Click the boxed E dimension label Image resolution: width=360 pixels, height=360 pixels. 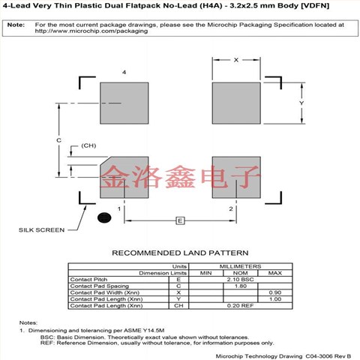[x=180, y=220]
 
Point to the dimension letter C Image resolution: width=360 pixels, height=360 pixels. [x=58, y=140]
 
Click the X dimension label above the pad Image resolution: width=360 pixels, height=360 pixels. [x=235, y=59]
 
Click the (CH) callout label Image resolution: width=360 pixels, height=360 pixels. [x=88, y=145]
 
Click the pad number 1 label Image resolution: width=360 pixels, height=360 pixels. [x=109, y=208]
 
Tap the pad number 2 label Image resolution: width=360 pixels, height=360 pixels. [x=230, y=208]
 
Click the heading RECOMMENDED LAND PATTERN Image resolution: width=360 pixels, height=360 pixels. [x=180, y=253]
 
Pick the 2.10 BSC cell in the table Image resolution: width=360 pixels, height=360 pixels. [x=240, y=279]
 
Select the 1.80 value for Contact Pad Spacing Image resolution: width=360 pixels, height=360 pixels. [x=240, y=286]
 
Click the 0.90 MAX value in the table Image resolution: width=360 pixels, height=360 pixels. [x=274, y=292]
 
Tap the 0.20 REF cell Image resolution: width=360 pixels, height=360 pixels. [x=240, y=306]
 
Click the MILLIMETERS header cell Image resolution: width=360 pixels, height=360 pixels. [x=240, y=266]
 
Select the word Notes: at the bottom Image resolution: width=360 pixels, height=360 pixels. [x=28, y=322]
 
